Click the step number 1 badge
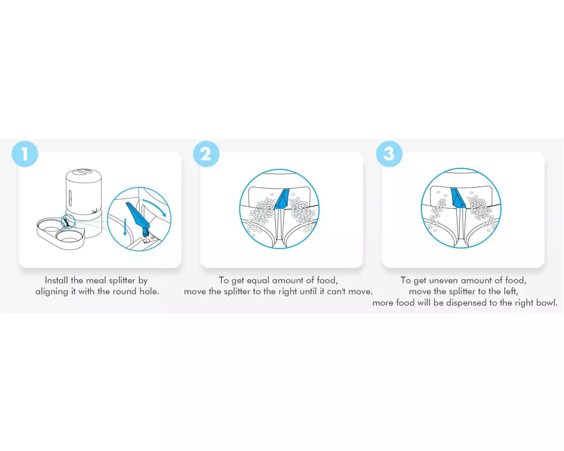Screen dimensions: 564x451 (24, 154)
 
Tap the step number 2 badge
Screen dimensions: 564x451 (206, 154)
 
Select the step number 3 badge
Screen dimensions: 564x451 (389, 154)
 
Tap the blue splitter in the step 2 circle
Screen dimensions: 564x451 (281, 199)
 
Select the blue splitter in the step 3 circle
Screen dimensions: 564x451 (458, 198)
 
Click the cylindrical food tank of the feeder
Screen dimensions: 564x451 (84, 192)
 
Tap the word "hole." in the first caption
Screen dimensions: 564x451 (149, 291)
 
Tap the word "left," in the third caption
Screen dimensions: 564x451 (509, 291)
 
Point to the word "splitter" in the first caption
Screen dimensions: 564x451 (122, 280)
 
